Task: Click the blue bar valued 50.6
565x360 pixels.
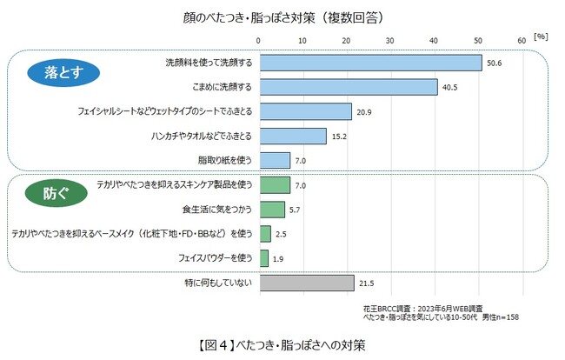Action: coord(369,63)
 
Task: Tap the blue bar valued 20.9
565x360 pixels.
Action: coord(303,111)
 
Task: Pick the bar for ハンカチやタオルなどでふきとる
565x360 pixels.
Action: coord(291,136)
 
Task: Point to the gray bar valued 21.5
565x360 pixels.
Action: coord(305,283)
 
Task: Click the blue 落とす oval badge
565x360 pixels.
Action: coord(51,75)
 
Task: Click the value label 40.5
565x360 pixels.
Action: coord(450,88)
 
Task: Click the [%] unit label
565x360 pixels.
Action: coord(540,37)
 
